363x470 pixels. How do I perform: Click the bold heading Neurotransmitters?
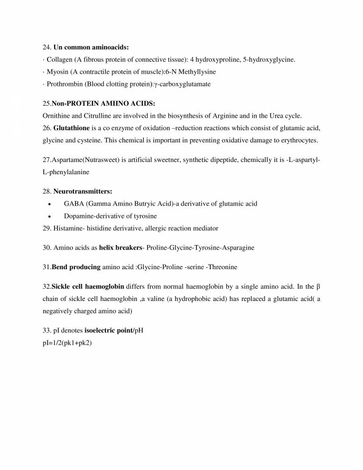[x=83, y=191]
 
